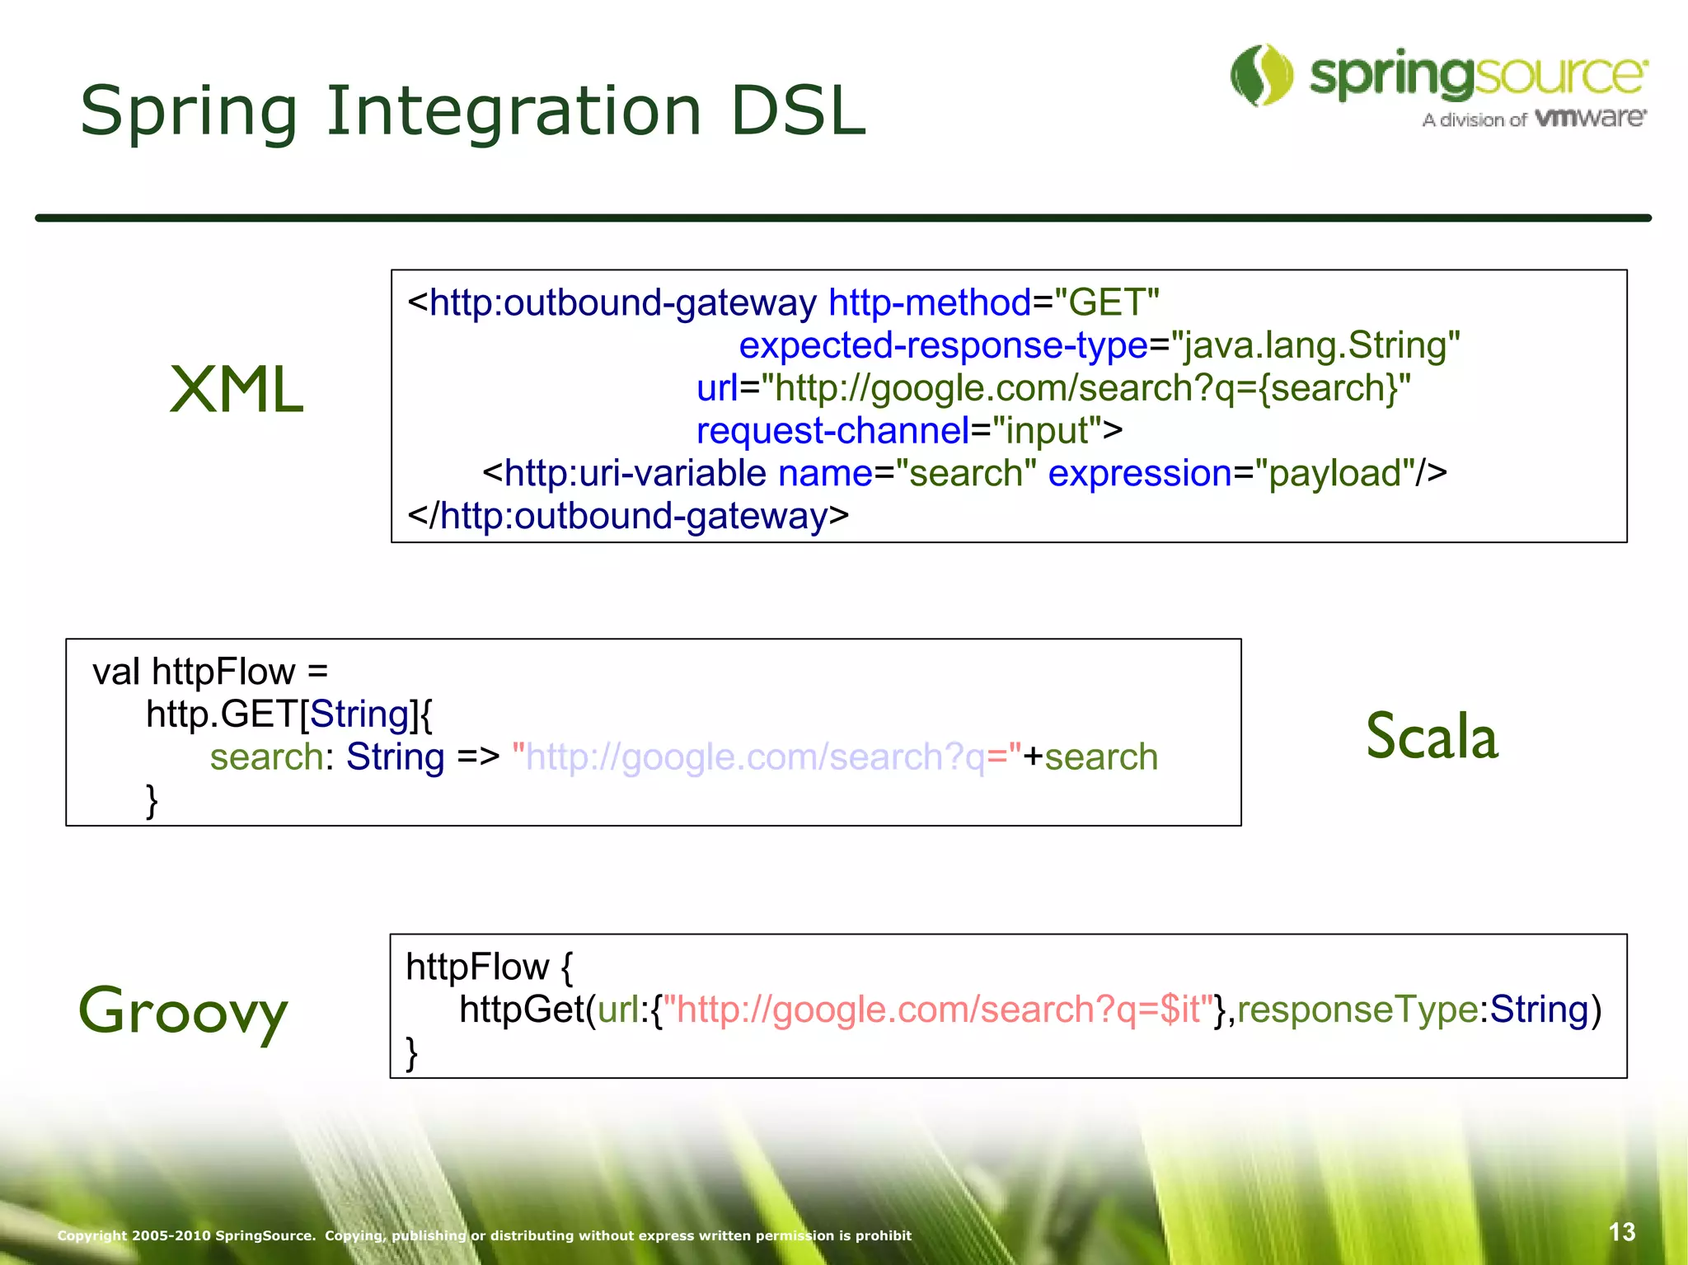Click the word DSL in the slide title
(798, 111)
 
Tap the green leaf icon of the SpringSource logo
(1262, 75)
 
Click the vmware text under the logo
(1591, 118)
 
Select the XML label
(237, 390)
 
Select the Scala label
(1432, 736)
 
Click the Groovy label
(183, 1012)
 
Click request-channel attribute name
(832, 431)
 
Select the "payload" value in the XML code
(1334, 474)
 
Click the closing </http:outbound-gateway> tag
(628, 517)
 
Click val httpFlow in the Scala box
(195, 672)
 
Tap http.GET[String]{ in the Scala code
(288, 714)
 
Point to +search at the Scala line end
(1090, 757)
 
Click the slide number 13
(1621, 1232)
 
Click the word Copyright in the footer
(91, 1235)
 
